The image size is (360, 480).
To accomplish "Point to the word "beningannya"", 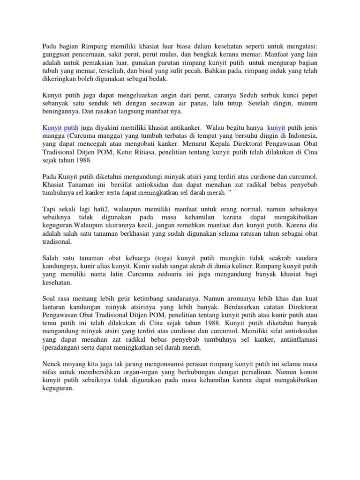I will [61, 112].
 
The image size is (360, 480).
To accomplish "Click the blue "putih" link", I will [71, 128].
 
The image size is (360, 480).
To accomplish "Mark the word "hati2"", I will [106, 210].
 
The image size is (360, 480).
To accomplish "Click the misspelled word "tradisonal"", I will [57, 242].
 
